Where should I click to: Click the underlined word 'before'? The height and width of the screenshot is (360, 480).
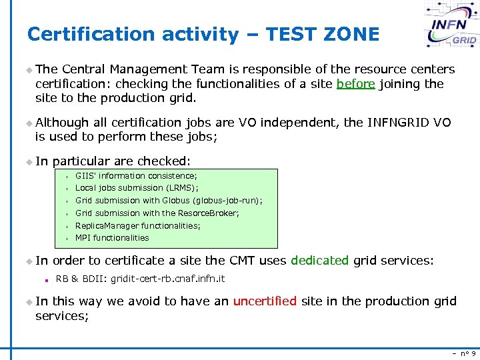coord(355,83)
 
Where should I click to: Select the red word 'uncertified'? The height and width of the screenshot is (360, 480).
coord(265,301)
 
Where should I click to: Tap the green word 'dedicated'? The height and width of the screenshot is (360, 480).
coord(319,261)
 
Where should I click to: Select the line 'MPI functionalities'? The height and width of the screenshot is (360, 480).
coord(112,238)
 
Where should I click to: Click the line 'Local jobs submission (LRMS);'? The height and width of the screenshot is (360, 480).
coord(137,188)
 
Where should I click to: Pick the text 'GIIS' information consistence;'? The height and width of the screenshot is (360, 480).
coord(136,176)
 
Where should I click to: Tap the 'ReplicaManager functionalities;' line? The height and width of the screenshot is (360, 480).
coord(137,226)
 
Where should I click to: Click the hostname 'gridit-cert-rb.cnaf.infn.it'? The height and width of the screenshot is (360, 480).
coord(168,279)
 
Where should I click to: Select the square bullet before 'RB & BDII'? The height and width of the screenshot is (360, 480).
coord(49,279)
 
